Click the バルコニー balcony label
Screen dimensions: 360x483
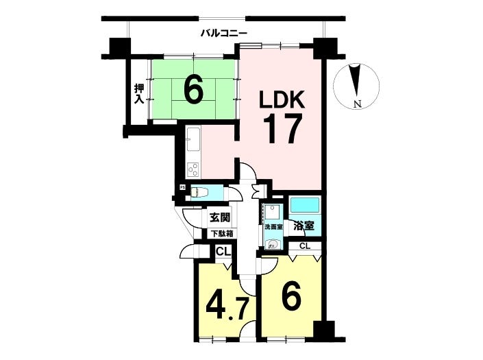click(224, 32)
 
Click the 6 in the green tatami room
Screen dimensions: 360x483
click(193, 90)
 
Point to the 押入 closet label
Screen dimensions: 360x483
click(139, 93)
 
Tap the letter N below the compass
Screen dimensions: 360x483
click(357, 104)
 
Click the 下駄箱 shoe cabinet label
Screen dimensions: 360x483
click(221, 234)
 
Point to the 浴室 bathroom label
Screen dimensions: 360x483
click(303, 225)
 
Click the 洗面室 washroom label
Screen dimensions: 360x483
click(273, 226)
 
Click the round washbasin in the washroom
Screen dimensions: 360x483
click(272, 243)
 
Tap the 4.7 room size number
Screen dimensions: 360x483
click(225, 305)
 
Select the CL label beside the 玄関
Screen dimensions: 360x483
click(222, 252)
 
